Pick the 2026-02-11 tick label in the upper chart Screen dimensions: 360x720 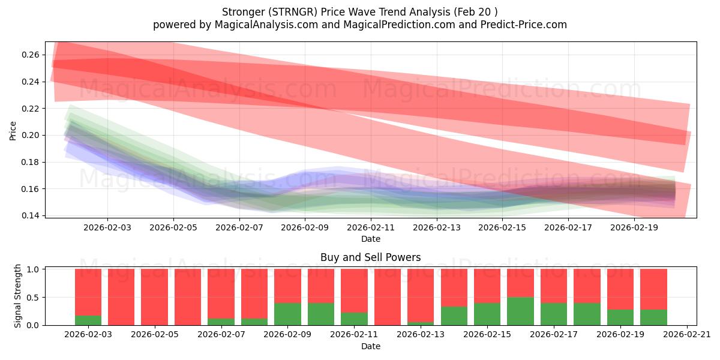click(371, 228)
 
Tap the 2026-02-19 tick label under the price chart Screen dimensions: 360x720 click(635, 228)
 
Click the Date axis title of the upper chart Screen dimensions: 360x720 click(371, 239)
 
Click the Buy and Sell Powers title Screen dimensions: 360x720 click(371, 257)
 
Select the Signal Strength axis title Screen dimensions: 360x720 click(18, 296)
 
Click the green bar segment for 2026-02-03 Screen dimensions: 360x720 click(88, 320)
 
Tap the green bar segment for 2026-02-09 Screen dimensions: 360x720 click(287, 314)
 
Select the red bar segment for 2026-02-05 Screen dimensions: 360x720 click(155, 297)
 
